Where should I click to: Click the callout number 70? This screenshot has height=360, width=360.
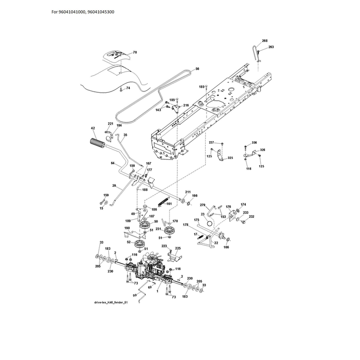[135, 52]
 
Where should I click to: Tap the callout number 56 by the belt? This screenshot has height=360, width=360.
[197, 69]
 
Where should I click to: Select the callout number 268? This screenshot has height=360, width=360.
[265, 40]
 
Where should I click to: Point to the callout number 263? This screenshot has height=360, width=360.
[271, 47]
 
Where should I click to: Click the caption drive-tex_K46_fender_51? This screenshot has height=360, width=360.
[111, 302]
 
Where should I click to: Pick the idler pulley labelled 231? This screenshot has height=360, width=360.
[170, 230]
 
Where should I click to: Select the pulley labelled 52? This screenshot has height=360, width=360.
[140, 243]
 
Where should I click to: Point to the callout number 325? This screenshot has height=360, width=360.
[230, 158]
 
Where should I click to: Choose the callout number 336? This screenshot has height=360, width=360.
[254, 143]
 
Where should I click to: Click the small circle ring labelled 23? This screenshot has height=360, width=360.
[210, 223]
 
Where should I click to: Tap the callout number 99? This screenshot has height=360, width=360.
[135, 295]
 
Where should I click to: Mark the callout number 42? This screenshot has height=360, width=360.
[93, 128]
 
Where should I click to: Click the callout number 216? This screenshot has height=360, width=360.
[186, 105]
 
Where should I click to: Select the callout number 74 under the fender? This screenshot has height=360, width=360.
[128, 88]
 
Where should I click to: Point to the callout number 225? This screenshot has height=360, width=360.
[178, 248]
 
